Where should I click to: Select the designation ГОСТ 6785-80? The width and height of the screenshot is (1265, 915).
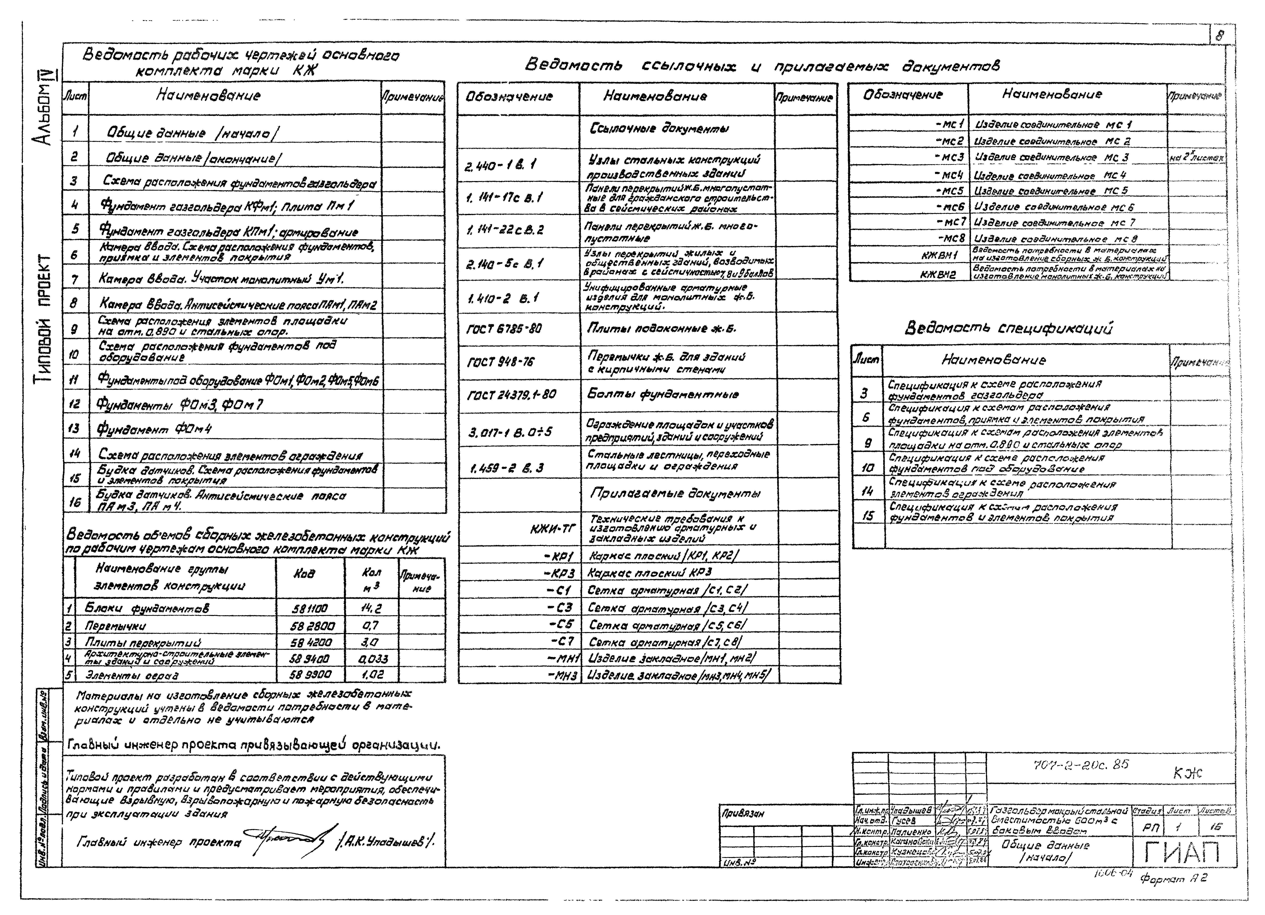pos(504,329)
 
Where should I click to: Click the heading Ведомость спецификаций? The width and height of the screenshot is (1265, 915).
pos(1008,328)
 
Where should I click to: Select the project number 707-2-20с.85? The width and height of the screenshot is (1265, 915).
pos(1080,765)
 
